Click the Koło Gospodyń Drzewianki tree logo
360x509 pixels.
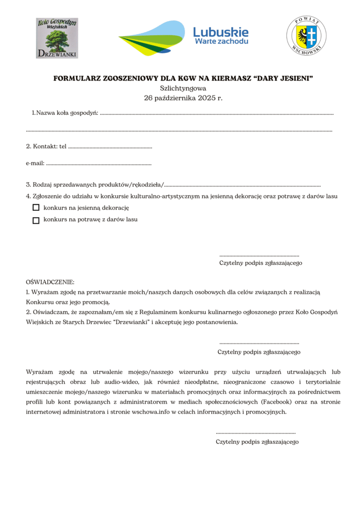coord(57,38)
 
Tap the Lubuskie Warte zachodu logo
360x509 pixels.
coord(183,38)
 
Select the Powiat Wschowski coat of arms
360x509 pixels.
coord(306,36)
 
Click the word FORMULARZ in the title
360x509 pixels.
coord(76,78)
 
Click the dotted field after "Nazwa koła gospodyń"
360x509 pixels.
coord(216,115)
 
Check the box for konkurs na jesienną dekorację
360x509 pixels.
coord(36,207)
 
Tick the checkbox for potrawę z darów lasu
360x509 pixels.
coord(36,220)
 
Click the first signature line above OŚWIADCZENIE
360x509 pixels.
coord(259,255)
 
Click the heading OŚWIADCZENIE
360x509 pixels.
coord(50,282)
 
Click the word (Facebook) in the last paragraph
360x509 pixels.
coord(276,402)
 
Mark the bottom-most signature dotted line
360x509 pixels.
coord(256,433)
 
